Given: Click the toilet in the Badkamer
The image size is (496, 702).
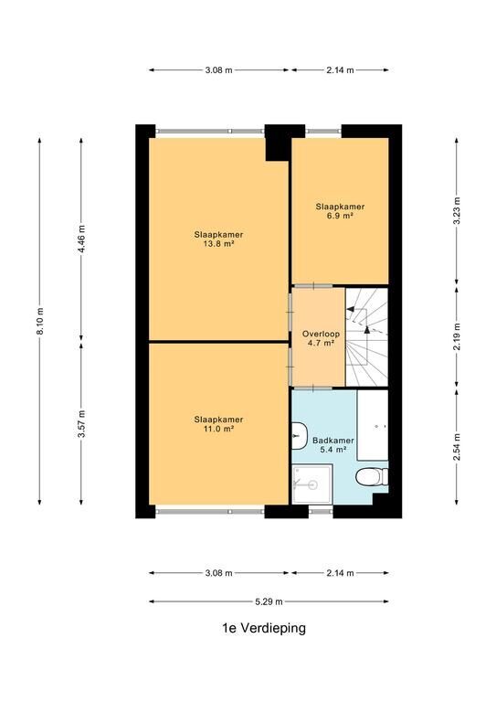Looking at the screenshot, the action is (x=372, y=476).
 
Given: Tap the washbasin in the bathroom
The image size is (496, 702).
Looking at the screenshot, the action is (x=299, y=435).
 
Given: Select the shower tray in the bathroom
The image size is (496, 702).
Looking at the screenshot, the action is (x=311, y=484).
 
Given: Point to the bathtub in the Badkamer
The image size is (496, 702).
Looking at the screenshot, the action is (x=373, y=425).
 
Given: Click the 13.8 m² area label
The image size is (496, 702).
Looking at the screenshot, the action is (x=218, y=244).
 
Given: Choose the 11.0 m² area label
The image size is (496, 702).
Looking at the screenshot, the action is (x=218, y=429).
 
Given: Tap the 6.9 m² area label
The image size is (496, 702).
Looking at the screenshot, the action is (x=340, y=216).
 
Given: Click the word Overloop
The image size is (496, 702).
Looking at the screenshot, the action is (x=321, y=334).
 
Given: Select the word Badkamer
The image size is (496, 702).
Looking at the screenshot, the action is (x=333, y=441).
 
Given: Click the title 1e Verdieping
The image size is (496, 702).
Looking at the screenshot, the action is (x=264, y=628).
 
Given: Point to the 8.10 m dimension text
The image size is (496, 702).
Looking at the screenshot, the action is (x=40, y=321).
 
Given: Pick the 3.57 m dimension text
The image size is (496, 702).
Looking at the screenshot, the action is (x=81, y=424).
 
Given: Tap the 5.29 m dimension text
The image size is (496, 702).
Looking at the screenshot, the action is (x=269, y=601).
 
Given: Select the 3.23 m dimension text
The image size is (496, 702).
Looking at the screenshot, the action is (x=457, y=210).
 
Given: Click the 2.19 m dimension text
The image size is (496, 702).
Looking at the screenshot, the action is (x=457, y=336).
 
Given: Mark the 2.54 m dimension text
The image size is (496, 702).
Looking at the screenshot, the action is (x=457, y=447).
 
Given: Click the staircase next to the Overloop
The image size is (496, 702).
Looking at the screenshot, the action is (x=366, y=337).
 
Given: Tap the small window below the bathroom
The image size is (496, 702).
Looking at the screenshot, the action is (x=321, y=510).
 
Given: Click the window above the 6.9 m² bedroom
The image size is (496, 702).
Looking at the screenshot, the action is (x=323, y=132).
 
